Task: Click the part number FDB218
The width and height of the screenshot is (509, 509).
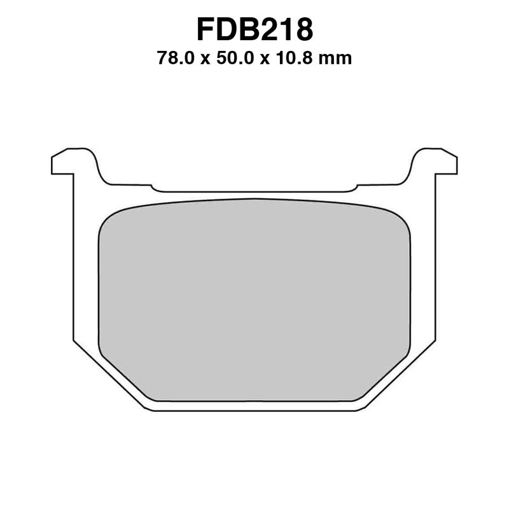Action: pyautogui.click(x=254, y=30)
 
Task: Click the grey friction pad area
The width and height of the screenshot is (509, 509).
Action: pyautogui.click(x=254, y=299)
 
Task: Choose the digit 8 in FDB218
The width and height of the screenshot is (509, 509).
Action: pyautogui.click(x=303, y=30)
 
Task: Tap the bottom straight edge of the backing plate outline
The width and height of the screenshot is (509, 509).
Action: pyautogui.click(x=254, y=410)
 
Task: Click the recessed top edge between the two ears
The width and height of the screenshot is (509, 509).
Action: pyautogui.click(x=254, y=190)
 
